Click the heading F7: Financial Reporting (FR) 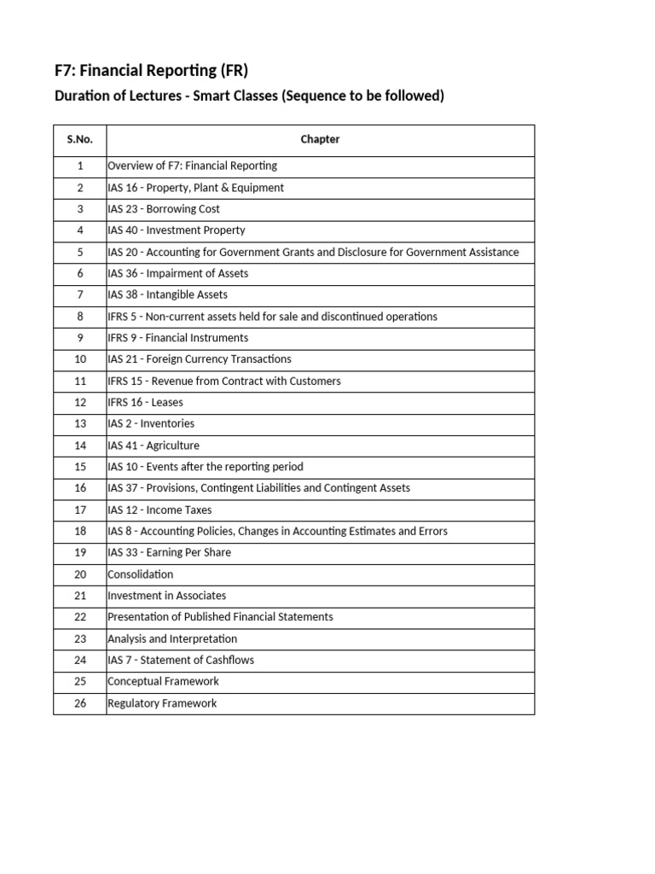[151, 70]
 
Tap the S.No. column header [79, 139]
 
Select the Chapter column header [320, 139]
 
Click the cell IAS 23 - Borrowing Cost [164, 209]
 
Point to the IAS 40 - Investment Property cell [177, 230]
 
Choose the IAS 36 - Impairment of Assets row [178, 273]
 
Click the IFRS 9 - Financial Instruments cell [178, 338]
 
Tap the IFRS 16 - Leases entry [146, 402]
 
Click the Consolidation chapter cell [141, 574]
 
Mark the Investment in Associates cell [167, 596]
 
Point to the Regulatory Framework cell [162, 703]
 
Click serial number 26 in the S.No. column [79, 703]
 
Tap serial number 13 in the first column [79, 423]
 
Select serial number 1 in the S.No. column [79, 166]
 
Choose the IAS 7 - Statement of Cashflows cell [181, 660]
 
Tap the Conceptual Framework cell [163, 681]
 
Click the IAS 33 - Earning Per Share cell [170, 552]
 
